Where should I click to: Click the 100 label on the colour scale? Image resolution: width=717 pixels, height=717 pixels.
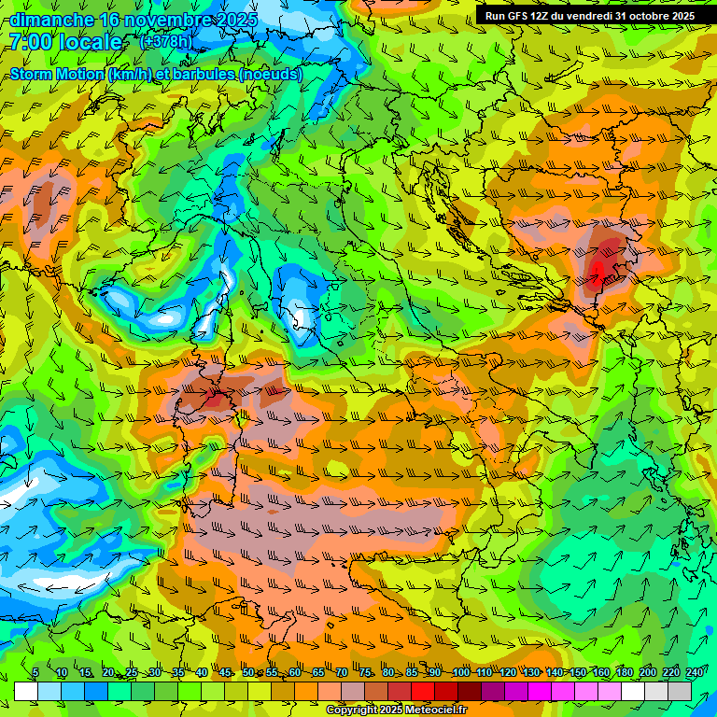[x=461, y=672]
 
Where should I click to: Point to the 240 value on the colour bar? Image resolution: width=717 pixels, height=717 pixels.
[x=695, y=672]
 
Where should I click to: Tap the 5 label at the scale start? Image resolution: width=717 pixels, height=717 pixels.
[x=35, y=672]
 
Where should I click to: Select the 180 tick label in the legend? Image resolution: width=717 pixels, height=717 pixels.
[x=625, y=672]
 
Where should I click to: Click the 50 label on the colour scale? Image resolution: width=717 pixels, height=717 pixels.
[x=248, y=672]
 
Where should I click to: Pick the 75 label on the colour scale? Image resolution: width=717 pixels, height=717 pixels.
[x=366, y=672]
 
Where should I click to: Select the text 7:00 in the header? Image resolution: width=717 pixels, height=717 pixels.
[x=31, y=42]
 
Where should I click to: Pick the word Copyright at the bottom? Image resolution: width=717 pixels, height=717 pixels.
[x=350, y=710]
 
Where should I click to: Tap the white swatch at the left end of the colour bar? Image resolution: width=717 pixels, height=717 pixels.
[x=26, y=691]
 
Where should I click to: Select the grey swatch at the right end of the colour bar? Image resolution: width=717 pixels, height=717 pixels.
[x=680, y=691]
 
